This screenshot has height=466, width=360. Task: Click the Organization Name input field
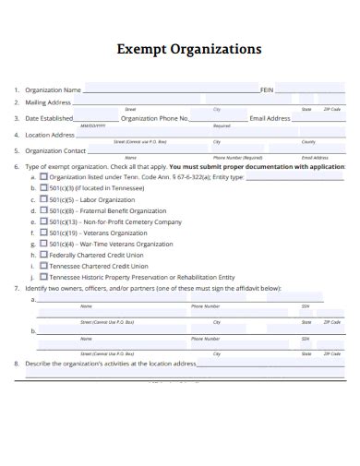click(172, 90)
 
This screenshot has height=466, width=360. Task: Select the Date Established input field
click(97, 118)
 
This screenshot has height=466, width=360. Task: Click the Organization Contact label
click(55, 150)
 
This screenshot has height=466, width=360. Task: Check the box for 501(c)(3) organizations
click(43, 187)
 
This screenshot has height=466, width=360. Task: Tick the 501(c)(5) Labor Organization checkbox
click(43, 199)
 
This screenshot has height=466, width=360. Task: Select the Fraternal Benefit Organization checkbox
click(43, 210)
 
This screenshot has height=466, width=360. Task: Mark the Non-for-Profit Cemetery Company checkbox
click(43, 221)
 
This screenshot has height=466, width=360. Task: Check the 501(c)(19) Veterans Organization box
click(43, 233)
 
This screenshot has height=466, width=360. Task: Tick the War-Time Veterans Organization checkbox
click(43, 244)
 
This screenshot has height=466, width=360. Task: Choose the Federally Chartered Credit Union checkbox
click(43, 255)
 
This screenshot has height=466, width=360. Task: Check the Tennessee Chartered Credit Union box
click(43, 266)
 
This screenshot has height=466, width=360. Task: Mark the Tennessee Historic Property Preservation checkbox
click(43, 277)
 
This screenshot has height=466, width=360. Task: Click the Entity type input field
click(295, 176)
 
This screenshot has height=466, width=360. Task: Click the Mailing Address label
click(48, 102)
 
